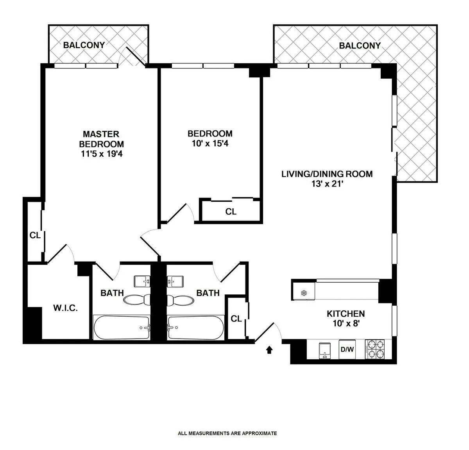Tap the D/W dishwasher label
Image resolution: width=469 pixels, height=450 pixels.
(x=347, y=349)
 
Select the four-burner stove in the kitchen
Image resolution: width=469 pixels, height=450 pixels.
(x=375, y=349)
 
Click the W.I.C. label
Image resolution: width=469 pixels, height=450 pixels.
(x=65, y=308)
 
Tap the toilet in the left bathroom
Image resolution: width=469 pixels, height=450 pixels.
(x=137, y=300)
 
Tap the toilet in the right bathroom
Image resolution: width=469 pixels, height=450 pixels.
(x=180, y=300)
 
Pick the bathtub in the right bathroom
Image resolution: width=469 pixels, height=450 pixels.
(x=195, y=328)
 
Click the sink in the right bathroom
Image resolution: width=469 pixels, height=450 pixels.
(x=175, y=281)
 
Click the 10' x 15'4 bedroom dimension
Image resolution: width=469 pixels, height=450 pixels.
(x=210, y=143)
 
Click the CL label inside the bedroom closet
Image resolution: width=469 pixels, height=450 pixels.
(x=231, y=212)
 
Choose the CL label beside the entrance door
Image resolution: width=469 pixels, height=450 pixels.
(x=236, y=319)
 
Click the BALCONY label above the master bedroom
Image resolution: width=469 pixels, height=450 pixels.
(x=84, y=45)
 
